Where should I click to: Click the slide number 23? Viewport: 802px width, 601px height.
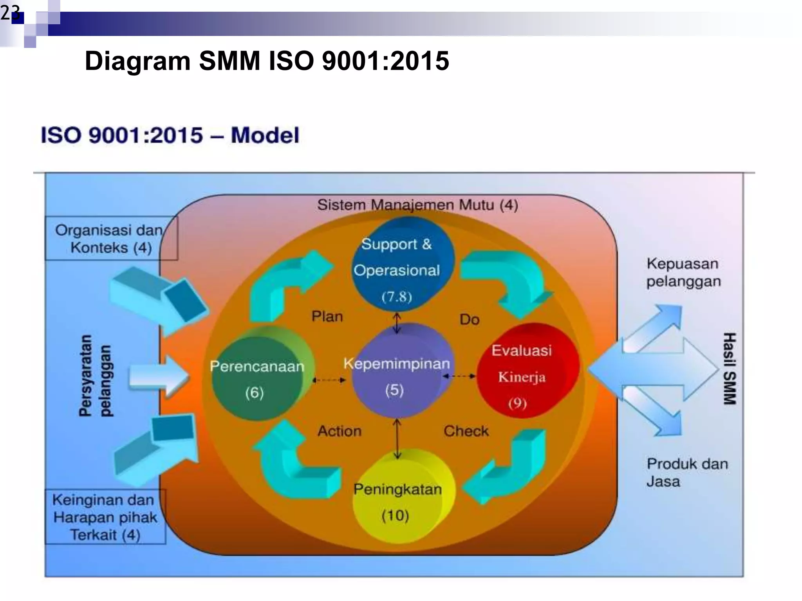point(10,13)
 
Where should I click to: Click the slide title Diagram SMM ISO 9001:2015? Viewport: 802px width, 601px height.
point(267,61)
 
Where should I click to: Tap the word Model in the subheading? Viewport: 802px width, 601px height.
point(265,135)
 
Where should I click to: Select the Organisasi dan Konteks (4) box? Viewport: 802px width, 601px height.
point(111,238)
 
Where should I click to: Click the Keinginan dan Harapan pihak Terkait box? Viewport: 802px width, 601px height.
point(105,517)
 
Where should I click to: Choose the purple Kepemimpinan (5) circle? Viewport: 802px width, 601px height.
point(399,372)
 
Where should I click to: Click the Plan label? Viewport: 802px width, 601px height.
point(327,316)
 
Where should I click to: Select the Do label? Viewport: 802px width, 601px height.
point(469,320)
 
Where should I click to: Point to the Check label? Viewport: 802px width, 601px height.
point(466,431)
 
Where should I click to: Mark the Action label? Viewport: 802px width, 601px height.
point(339,431)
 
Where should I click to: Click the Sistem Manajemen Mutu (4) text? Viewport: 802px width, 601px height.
point(417,205)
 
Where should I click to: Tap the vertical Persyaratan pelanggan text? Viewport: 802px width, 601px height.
point(95,376)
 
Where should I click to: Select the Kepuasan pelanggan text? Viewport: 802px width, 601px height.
point(683,272)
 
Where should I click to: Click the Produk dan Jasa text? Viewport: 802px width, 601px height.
point(686,472)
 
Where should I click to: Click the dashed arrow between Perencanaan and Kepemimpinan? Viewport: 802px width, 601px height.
point(329,380)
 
